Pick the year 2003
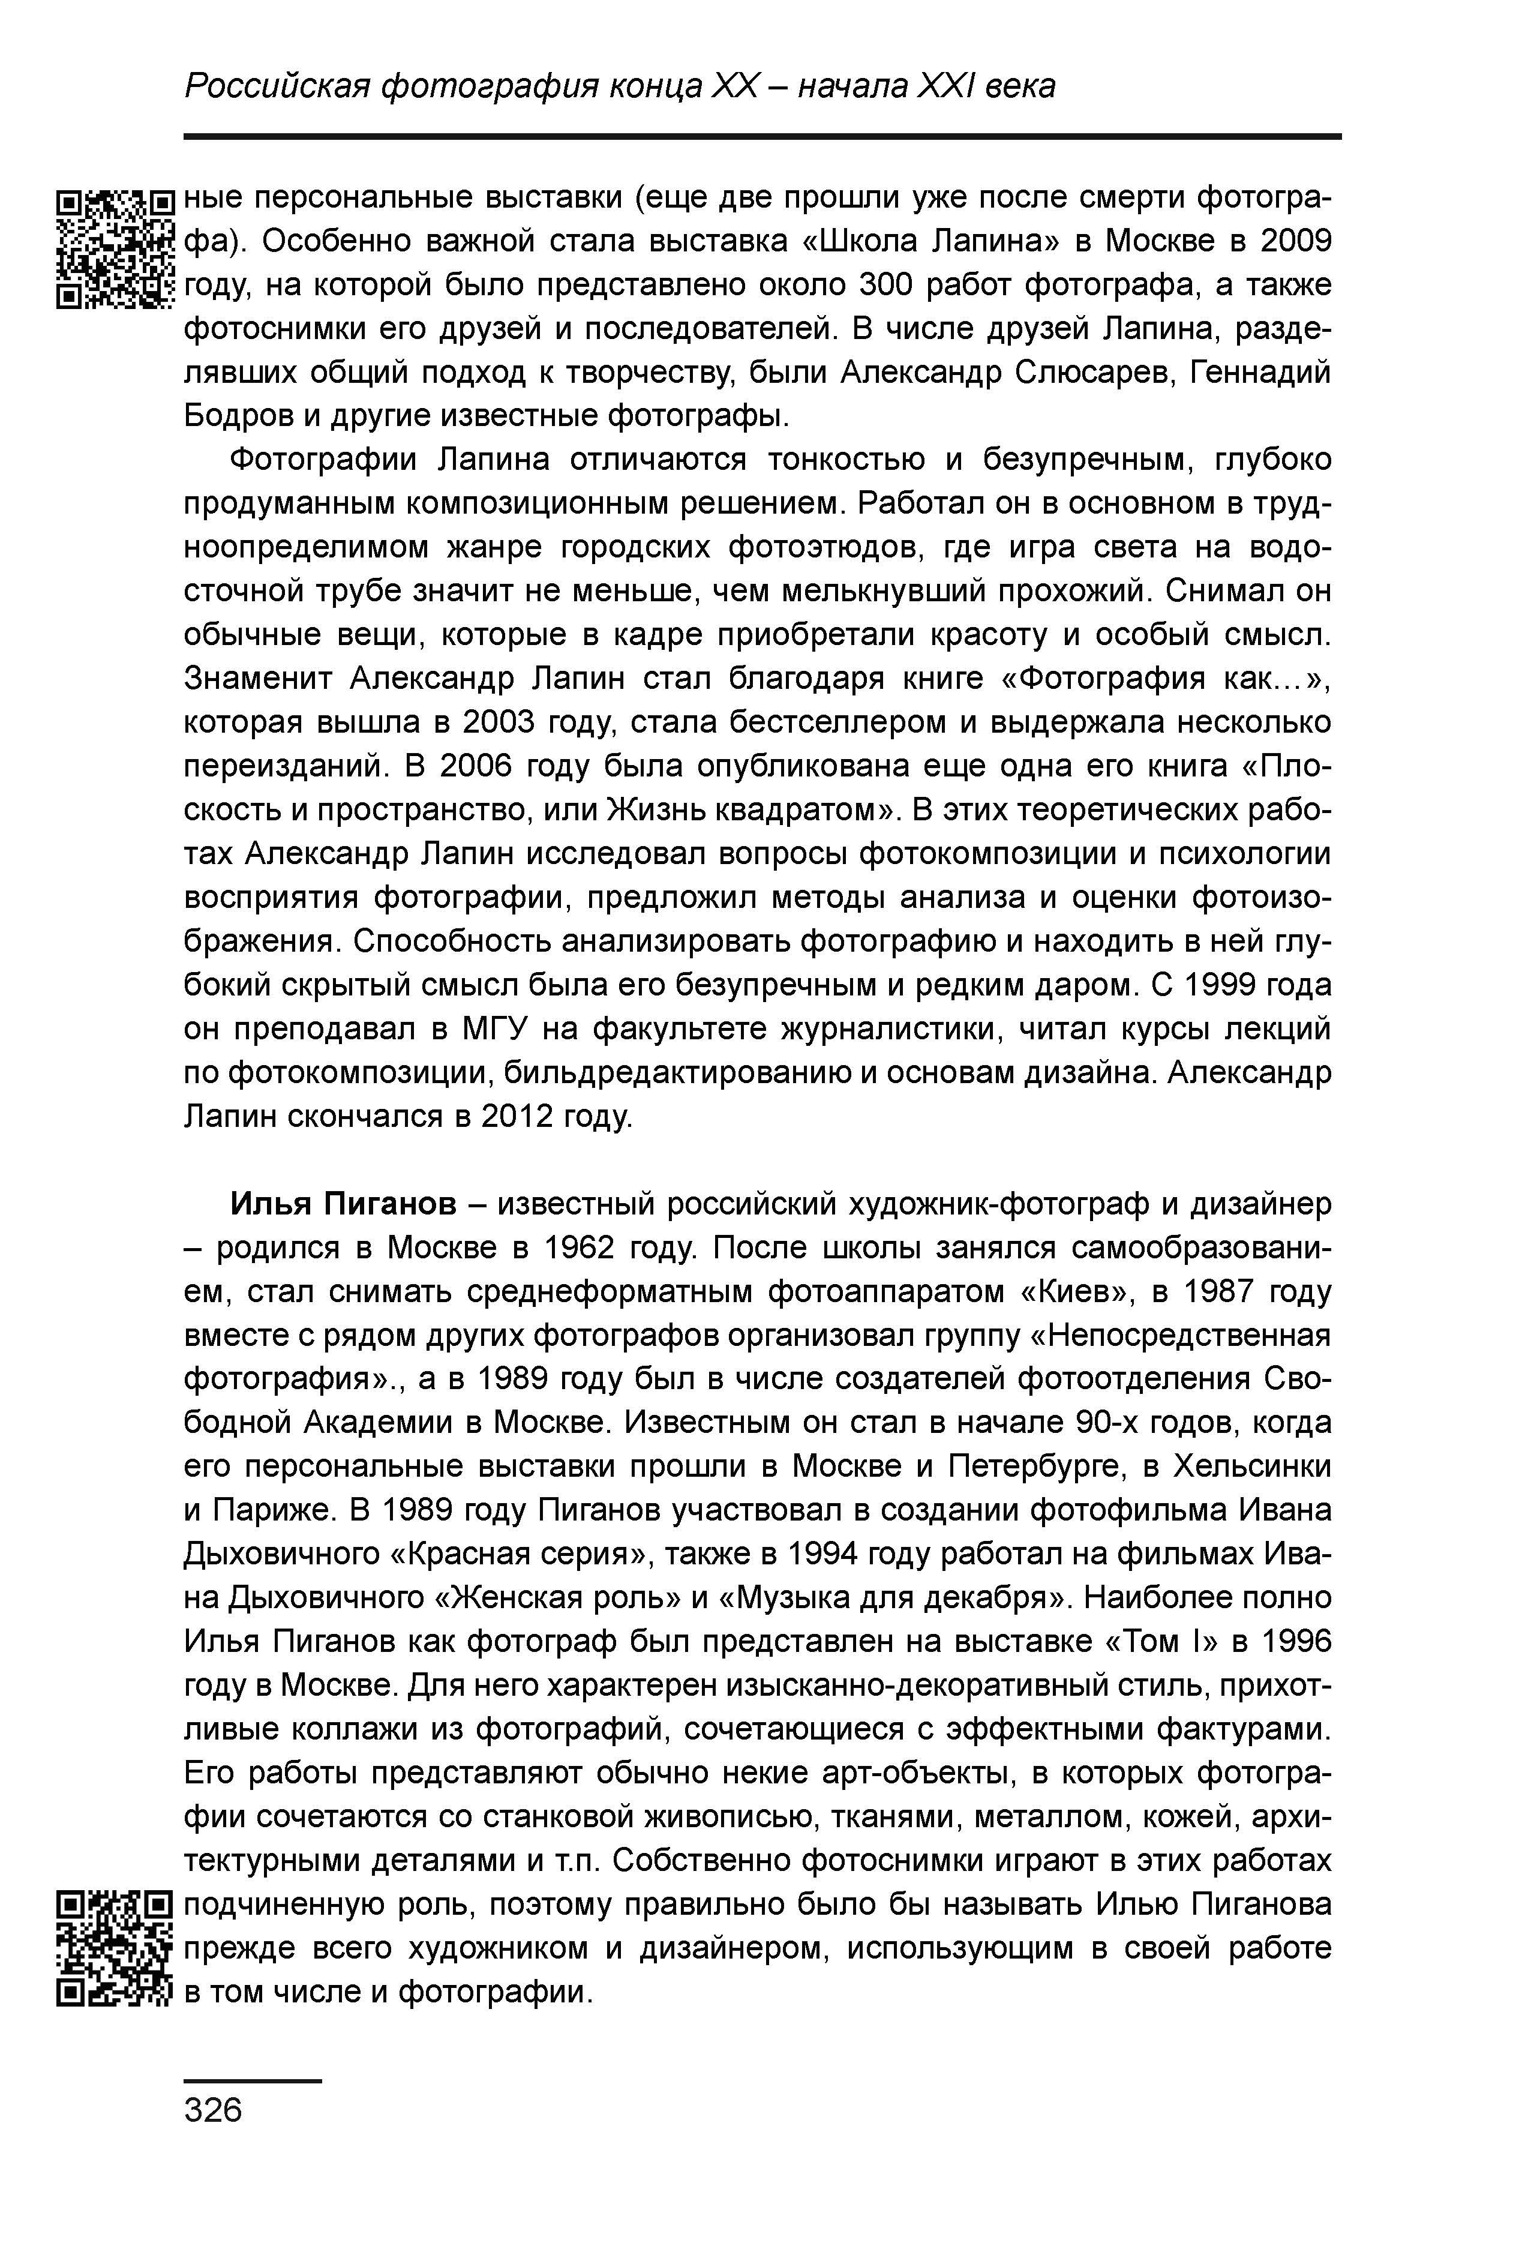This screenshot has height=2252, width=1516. [x=499, y=722]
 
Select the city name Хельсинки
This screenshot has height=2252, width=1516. [x=1252, y=1467]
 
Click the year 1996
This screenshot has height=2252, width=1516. [x=1296, y=1642]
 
